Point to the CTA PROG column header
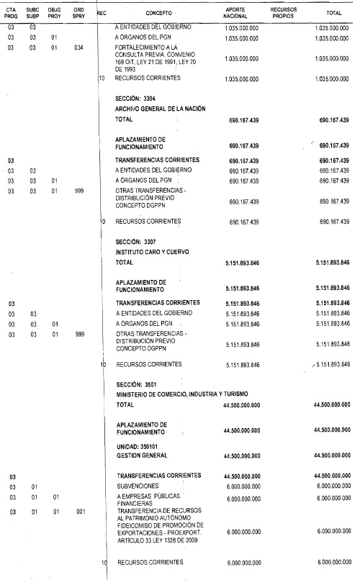click(x=12, y=13)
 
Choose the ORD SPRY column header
click(x=80, y=13)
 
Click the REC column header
click(x=102, y=12)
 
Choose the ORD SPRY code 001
click(x=78, y=512)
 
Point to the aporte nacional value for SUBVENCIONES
click(x=241, y=486)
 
